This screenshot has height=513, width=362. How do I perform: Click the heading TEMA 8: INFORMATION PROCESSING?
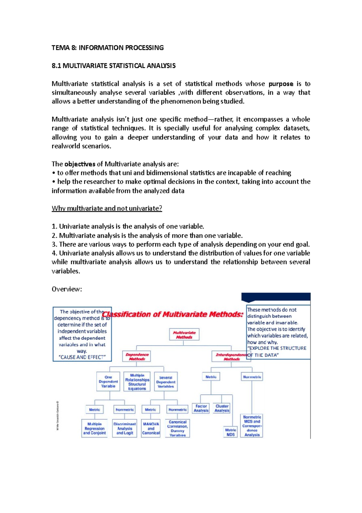107,48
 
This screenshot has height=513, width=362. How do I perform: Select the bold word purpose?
281,84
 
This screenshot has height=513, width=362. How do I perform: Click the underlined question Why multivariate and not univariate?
107,208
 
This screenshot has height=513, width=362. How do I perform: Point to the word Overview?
67,289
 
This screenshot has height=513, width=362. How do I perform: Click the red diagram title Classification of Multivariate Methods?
173,315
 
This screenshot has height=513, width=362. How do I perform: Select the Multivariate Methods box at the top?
184,335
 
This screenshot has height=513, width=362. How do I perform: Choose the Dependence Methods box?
137,357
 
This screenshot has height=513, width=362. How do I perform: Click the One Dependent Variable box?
108,382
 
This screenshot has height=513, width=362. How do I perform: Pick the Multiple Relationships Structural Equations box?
137,382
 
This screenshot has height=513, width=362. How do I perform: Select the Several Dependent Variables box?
166,382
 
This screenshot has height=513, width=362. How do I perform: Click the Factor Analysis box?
201,408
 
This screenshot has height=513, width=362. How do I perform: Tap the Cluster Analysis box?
222,408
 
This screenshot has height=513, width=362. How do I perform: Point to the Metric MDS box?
230,432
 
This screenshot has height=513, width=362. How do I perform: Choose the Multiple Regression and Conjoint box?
94,428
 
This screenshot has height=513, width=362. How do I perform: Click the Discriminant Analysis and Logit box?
125,428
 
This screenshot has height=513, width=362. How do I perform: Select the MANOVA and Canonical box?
151,428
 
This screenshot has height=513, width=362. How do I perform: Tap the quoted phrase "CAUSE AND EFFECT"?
82,357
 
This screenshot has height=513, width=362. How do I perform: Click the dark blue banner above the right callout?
276,297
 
